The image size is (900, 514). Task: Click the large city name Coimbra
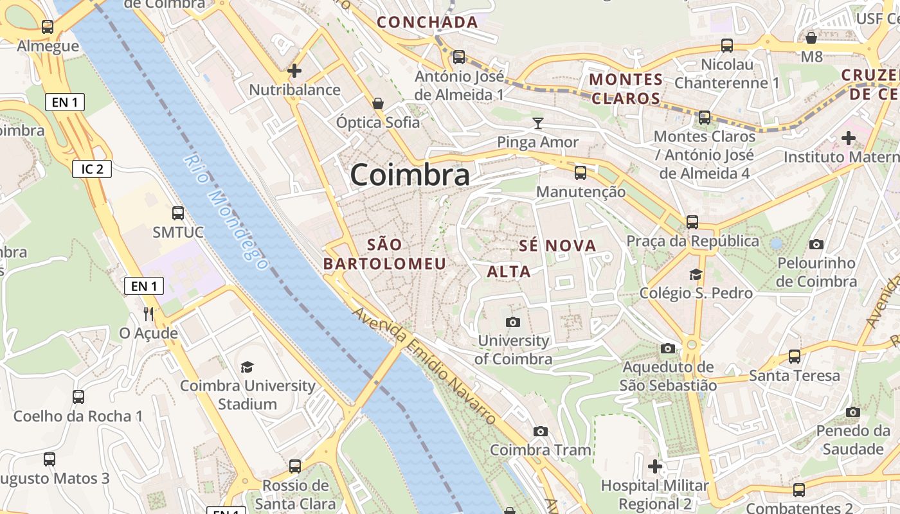pyautogui.click(x=410, y=175)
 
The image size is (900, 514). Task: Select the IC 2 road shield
pyautogui.click(x=92, y=169)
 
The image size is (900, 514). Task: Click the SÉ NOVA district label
pyautogui.click(x=557, y=245)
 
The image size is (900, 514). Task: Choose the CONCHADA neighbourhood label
pyautogui.click(x=428, y=22)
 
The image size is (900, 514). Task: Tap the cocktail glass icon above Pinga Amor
pyautogui.click(x=538, y=123)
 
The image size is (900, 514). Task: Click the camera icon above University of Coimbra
pyautogui.click(x=513, y=322)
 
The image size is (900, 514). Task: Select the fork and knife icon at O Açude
pyautogui.click(x=148, y=314)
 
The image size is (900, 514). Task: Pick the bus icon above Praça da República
pyautogui.click(x=692, y=222)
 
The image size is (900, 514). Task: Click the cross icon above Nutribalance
pyautogui.click(x=294, y=71)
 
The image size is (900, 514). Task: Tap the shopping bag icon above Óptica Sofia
pyautogui.click(x=378, y=103)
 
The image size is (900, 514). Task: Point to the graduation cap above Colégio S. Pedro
pyautogui.click(x=696, y=274)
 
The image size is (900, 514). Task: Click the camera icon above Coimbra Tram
pyautogui.click(x=541, y=431)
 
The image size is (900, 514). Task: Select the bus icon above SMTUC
pyautogui.click(x=178, y=213)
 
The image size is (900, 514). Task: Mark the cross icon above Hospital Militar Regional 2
pyautogui.click(x=655, y=466)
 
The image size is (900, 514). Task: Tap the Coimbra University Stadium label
pyautogui.click(x=248, y=394)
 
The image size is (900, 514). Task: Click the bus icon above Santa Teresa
pyautogui.click(x=795, y=357)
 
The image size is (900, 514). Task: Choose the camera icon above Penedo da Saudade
pyautogui.click(x=853, y=412)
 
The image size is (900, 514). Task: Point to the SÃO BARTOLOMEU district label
pyautogui.click(x=384, y=254)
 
